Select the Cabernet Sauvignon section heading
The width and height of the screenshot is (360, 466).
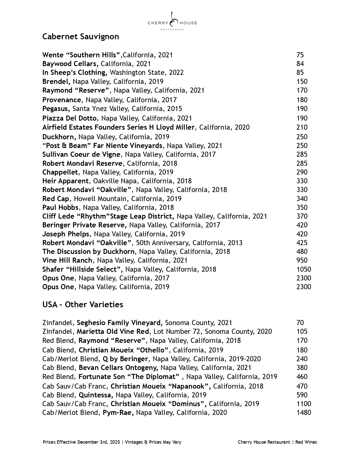pos(80,37)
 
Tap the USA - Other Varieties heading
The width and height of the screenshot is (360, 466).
pos(83,305)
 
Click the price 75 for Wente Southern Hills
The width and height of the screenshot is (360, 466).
pos(300,55)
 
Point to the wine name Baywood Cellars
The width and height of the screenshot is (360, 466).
pos(70,64)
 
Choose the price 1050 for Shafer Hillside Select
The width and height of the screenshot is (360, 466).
pos(304,269)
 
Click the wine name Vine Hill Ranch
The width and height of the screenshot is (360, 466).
pos(67,260)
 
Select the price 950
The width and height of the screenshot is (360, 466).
pos(302,260)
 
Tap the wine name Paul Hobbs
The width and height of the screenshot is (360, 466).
pos(60,208)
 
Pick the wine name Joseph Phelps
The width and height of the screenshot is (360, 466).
pos(66,234)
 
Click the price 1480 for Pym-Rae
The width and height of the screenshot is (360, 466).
pos(304,413)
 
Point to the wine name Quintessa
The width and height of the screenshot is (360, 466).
pos(96,395)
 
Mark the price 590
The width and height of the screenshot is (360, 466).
pos(302,395)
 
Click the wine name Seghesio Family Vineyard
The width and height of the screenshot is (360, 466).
pos(119,323)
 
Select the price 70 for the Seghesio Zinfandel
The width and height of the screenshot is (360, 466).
pos(300,323)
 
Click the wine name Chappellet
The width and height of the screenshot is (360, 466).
pos(60,172)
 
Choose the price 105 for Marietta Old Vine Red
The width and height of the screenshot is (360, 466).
pos(302,332)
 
